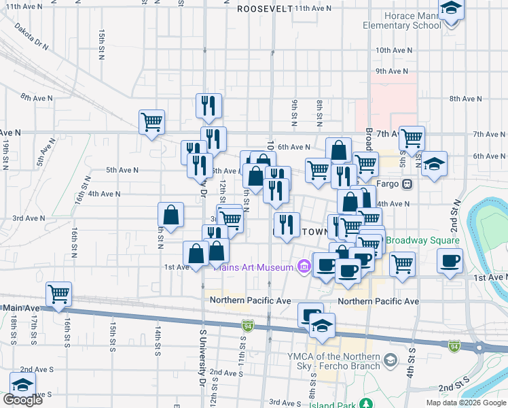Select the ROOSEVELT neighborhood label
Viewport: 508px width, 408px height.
265,9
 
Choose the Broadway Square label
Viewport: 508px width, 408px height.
423,241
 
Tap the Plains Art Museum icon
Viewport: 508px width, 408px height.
302,267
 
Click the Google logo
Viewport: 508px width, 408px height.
22,400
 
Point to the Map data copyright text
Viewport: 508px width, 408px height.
465,403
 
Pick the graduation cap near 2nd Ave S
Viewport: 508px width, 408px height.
22,384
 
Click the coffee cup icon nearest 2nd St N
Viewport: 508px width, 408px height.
450,260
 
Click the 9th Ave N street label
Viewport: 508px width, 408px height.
390,71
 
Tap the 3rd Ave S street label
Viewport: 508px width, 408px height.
285,403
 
